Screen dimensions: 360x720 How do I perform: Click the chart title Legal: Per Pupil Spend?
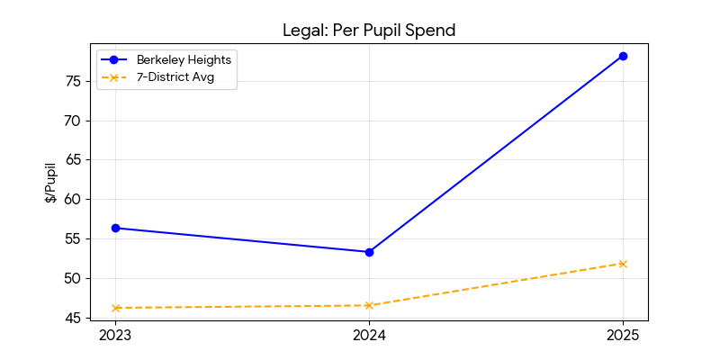[x=369, y=30]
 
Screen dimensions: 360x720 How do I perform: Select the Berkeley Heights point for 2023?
[x=115, y=228]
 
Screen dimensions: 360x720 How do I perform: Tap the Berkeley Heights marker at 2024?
[x=369, y=252]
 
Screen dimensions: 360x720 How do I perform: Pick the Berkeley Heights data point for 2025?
[x=623, y=56]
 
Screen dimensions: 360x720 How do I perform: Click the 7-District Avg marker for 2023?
[x=115, y=308]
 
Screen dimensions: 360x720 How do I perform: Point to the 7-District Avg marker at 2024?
[x=369, y=305]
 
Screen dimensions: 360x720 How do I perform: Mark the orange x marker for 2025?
[x=623, y=264]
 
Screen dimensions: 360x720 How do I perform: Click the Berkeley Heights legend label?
[x=184, y=59]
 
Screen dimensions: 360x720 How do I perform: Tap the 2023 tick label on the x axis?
[x=115, y=337]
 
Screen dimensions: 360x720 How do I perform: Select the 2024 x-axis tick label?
[x=369, y=337]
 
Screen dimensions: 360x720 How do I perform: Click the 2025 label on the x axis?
[x=623, y=337]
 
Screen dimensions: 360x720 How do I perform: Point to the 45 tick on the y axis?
[x=73, y=318]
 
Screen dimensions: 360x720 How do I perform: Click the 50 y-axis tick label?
[x=73, y=278]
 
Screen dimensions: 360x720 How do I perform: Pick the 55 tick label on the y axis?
[x=73, y=238]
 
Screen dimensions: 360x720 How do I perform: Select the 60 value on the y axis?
[x=73, y=199]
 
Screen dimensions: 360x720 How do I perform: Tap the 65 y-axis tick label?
[x=73, y=160]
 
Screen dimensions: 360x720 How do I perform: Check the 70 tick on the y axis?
[x=73, y=121]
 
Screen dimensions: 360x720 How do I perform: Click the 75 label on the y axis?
[x=73, y=81]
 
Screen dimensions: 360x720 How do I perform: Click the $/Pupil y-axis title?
[x=51, y=183]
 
